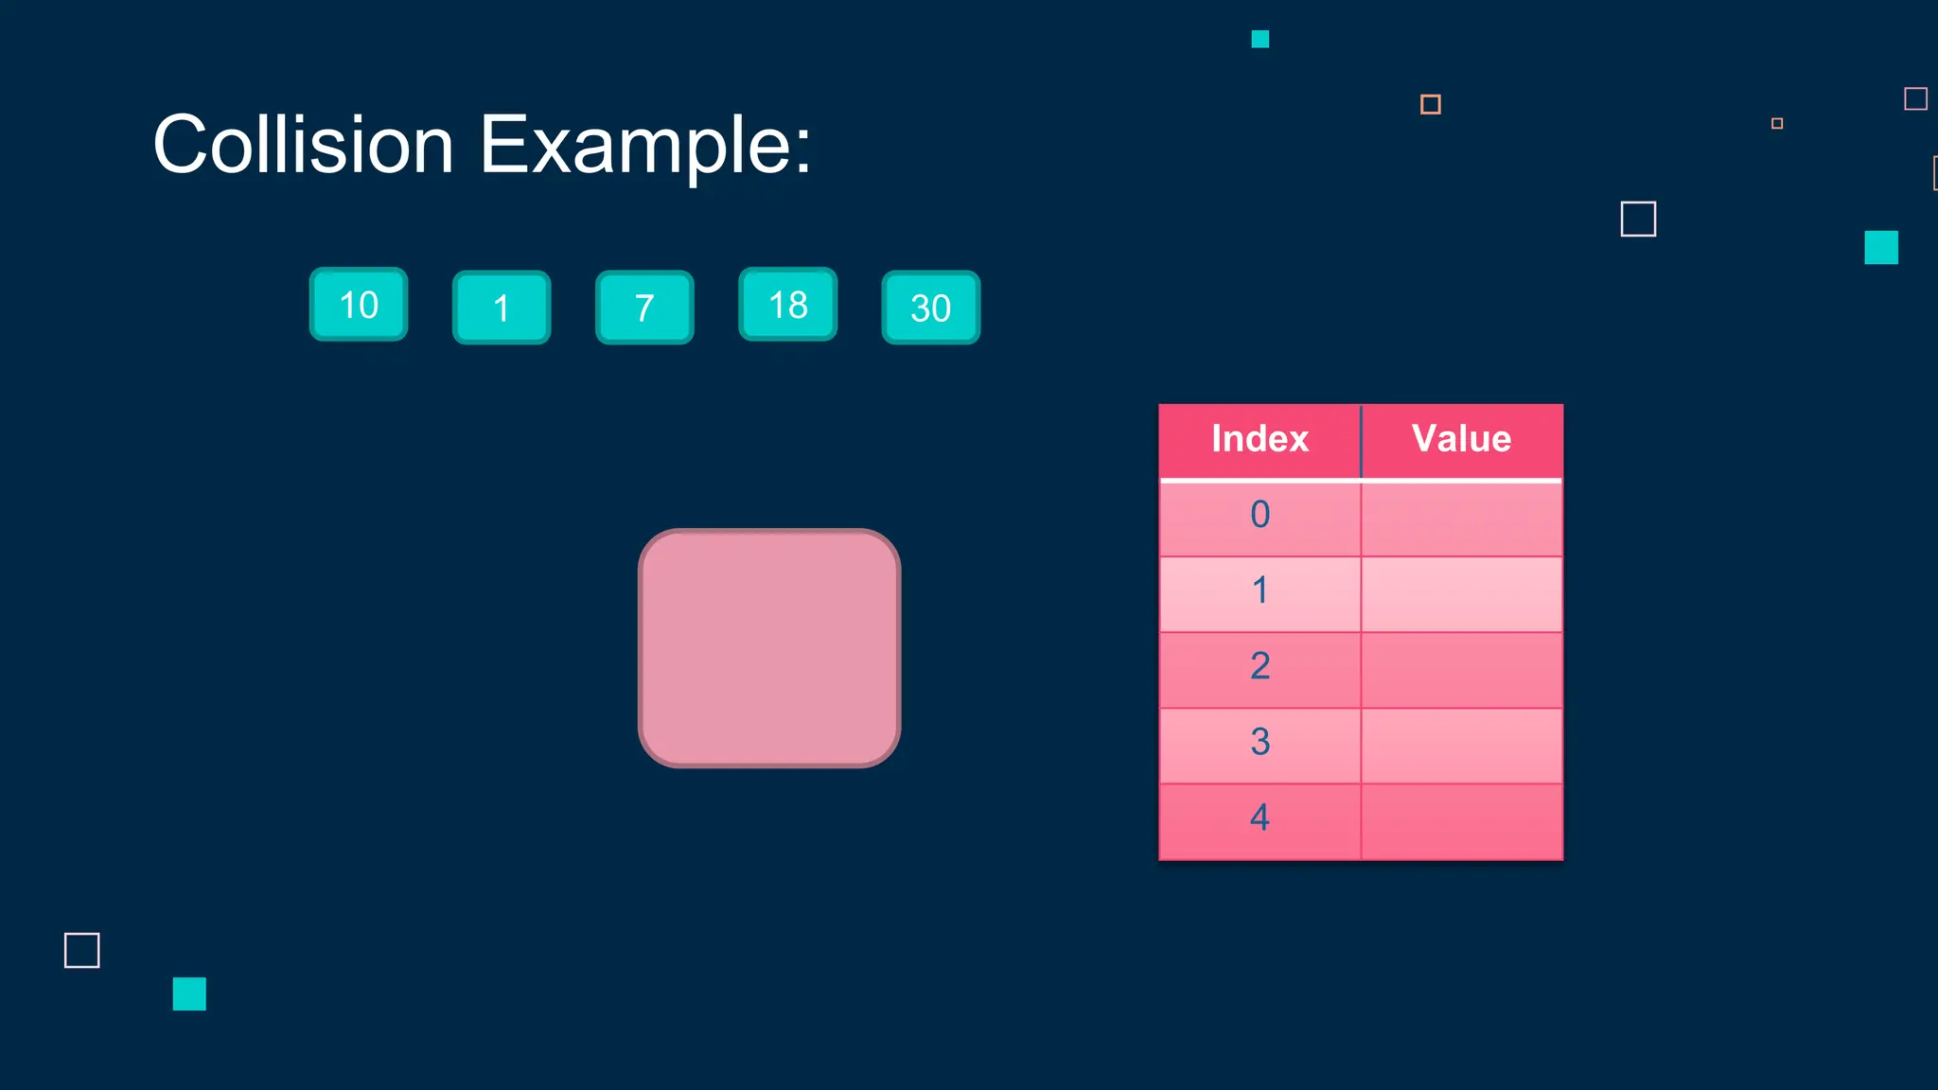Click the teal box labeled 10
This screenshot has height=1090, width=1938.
tap(359, 305)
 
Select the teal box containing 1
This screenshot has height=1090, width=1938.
tap(502, 308)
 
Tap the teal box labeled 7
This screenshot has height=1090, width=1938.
tap(644, 308)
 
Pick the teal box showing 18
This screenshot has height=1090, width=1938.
tap(788, 305)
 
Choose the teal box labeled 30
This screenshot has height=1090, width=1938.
tap(931, 308)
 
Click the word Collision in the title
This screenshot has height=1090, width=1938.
tap(304, 145)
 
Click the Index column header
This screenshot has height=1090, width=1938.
tap(1260, 439)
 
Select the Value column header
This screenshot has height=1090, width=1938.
tap(1461, 439)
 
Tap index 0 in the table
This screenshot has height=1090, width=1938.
tap(1260, 515)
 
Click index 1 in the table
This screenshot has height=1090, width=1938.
tap(1260, 590)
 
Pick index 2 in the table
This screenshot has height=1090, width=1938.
tap(1260, 666)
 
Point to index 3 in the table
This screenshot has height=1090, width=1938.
tap(1260, 742)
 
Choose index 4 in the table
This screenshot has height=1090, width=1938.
tap(1260, 817)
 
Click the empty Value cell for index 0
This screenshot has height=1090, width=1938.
tap(1461, 519)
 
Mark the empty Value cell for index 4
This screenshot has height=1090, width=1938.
tap(1461, 821)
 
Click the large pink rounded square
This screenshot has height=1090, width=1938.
tap(769, 648)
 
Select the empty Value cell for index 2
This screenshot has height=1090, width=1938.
tap(1461, 670)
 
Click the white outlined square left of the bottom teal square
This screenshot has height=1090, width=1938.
tap(82, 950)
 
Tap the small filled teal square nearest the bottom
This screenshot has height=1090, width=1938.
tap(189, 993)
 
